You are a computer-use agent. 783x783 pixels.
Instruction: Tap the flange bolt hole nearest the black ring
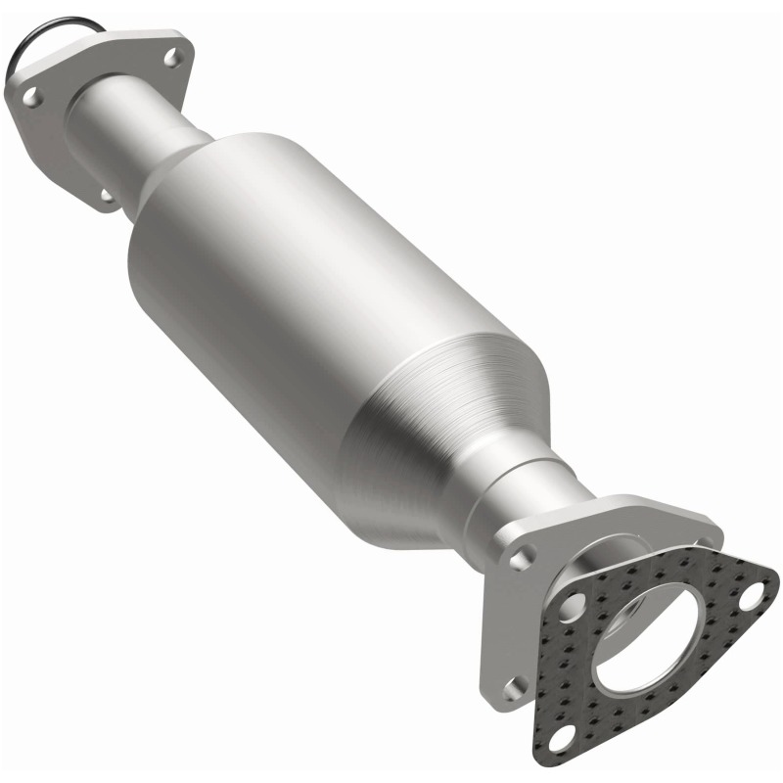click(32, 96)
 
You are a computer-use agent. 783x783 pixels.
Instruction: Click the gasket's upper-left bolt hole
click(575, 598)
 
